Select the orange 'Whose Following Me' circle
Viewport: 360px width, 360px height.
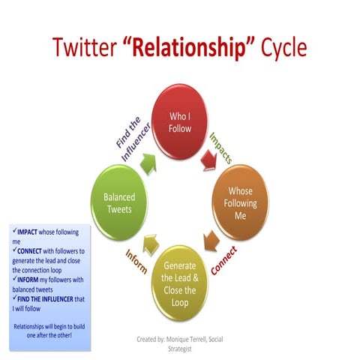tap(240, 200)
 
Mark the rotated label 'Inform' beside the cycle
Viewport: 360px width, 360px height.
tap(137, 260)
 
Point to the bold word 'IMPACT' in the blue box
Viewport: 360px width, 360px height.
tap(28, 233)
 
